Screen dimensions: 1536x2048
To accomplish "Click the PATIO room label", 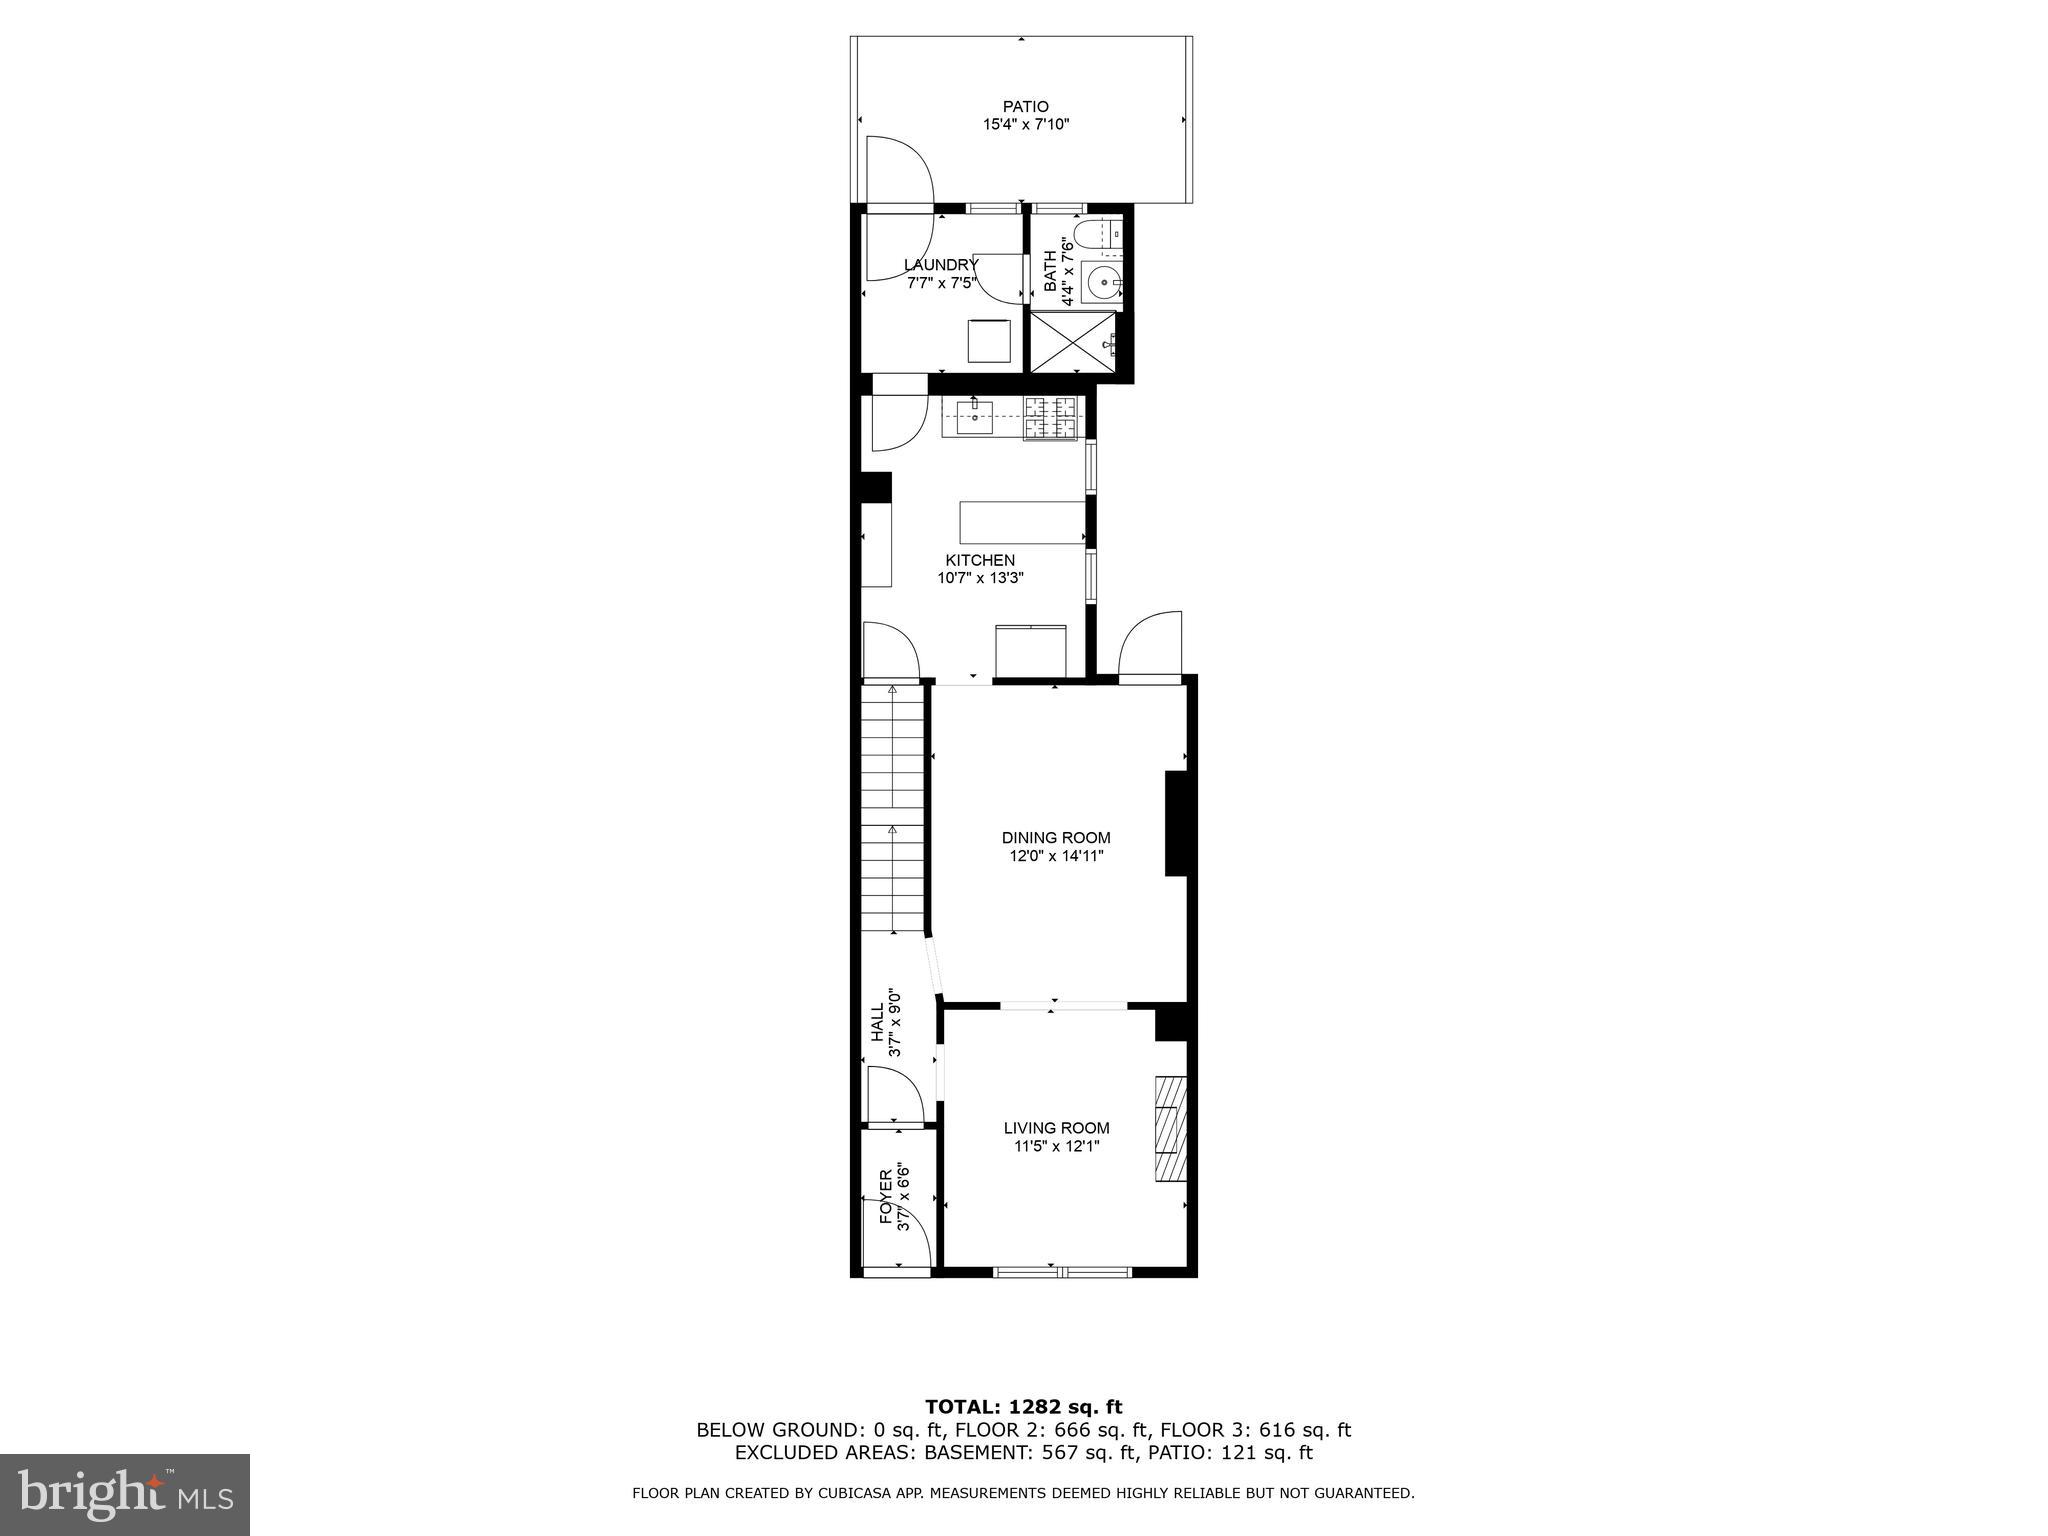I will coord(1026,106).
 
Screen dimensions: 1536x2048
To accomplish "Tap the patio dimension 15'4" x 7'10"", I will coord(1026,125).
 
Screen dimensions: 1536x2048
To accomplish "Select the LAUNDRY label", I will coord(941,265).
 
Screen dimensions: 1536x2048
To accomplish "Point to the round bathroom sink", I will coord(1103,283).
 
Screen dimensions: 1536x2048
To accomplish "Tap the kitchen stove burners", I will coord(1051,417).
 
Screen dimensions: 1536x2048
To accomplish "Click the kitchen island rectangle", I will coord(1022,522).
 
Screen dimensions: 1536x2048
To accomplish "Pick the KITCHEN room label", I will coord(980,560).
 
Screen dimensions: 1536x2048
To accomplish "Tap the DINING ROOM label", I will coord(1056,838).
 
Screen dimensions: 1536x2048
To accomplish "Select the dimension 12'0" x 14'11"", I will coord(1056,857).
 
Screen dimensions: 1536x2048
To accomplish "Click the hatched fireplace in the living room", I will coord(1170,1128).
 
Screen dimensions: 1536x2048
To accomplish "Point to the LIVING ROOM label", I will coord(1056,1128).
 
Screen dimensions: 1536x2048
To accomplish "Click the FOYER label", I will coord(886,1197).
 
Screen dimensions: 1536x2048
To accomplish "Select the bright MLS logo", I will coord(125,1494).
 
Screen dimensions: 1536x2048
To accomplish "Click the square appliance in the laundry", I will coord(989,341).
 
